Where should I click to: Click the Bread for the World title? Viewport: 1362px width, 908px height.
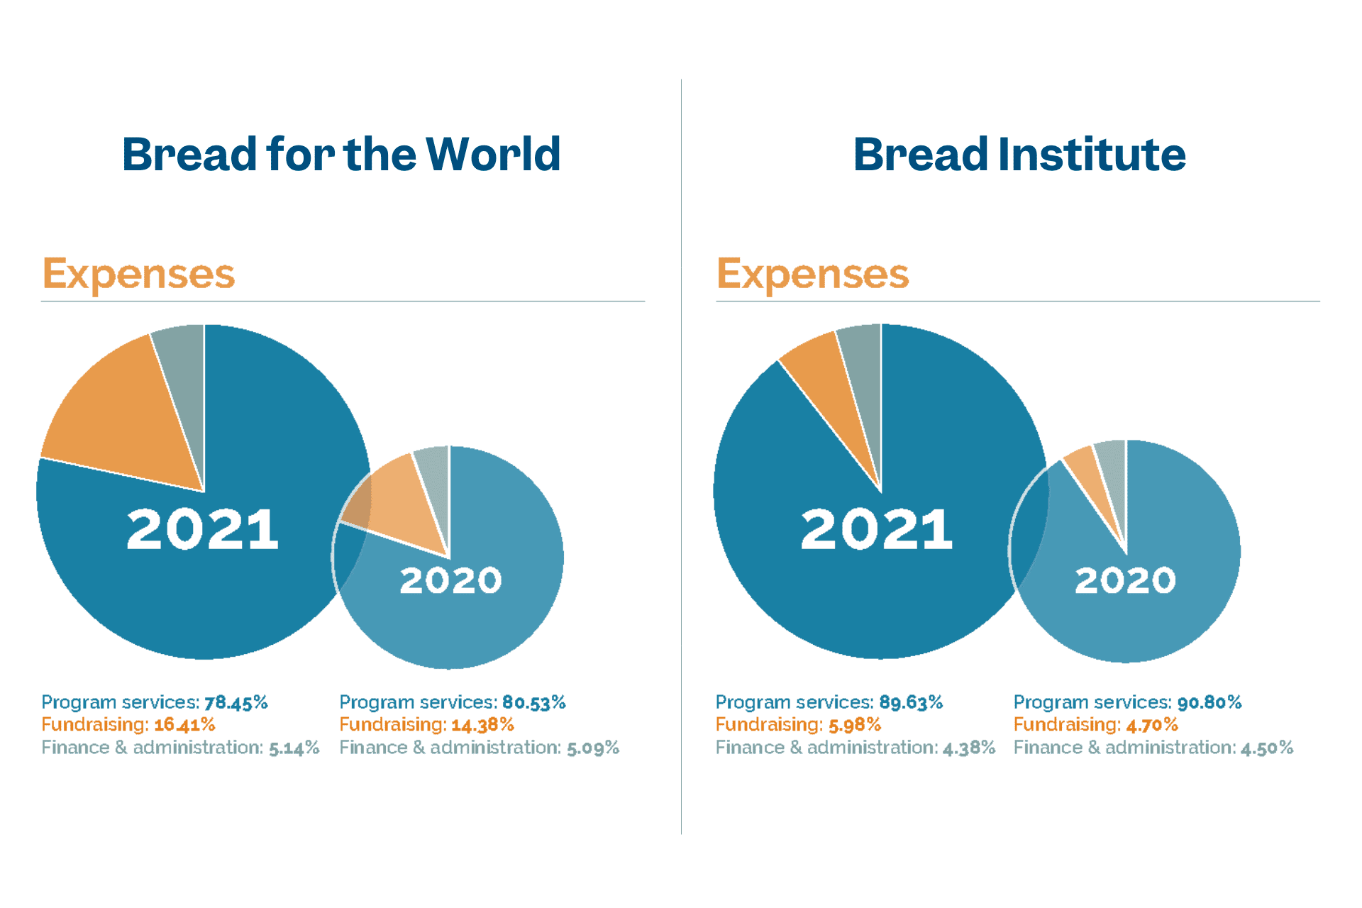click(341, 155)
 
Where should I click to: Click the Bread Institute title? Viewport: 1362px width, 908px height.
click(1019, 155)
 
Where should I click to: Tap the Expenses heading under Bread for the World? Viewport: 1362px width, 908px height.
click(138, 274)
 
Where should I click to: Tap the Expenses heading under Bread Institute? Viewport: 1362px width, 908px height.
click(812, 274)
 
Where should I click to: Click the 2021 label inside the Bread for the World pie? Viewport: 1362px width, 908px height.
click(203, 529)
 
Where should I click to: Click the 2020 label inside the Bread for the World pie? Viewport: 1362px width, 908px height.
click(450, 581)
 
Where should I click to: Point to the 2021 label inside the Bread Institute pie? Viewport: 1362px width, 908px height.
click(877, 529)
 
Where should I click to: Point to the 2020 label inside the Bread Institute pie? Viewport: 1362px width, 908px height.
click(1125, 581)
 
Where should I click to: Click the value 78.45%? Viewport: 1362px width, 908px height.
click(236, 703)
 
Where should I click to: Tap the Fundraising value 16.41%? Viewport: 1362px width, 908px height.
click(184, 725)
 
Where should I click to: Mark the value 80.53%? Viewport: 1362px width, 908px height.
click(534, 703)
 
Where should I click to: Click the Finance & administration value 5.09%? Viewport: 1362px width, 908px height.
click(593, 748)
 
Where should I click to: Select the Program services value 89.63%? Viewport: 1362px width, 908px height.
click(911, 703)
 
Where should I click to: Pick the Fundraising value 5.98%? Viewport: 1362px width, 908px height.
click(855, 725)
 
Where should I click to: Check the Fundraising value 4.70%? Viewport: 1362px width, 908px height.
click(1152, 725)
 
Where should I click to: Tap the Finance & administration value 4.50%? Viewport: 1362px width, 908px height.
click(1267, 748)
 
